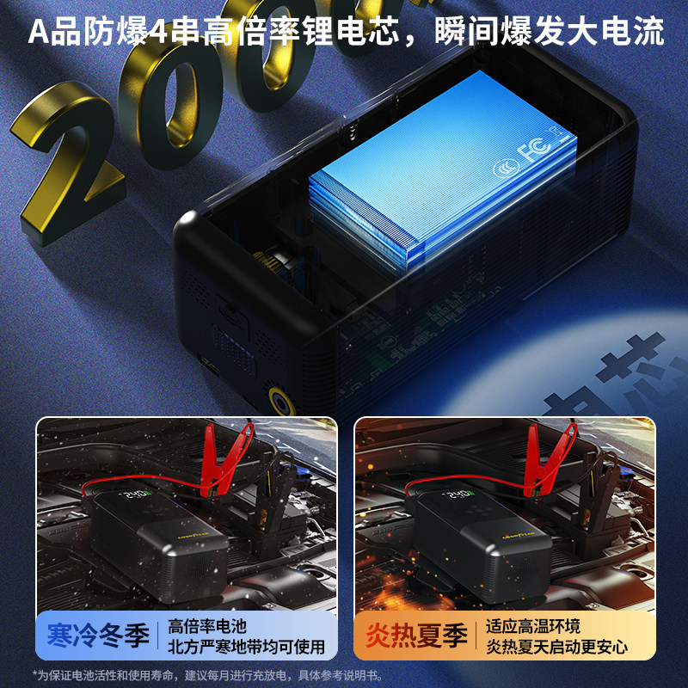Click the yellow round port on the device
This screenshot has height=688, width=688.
[279, 400]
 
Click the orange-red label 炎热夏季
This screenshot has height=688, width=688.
[416, 637]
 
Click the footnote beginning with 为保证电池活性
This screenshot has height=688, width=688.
[206, 675]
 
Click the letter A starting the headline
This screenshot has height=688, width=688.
[38, 33]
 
